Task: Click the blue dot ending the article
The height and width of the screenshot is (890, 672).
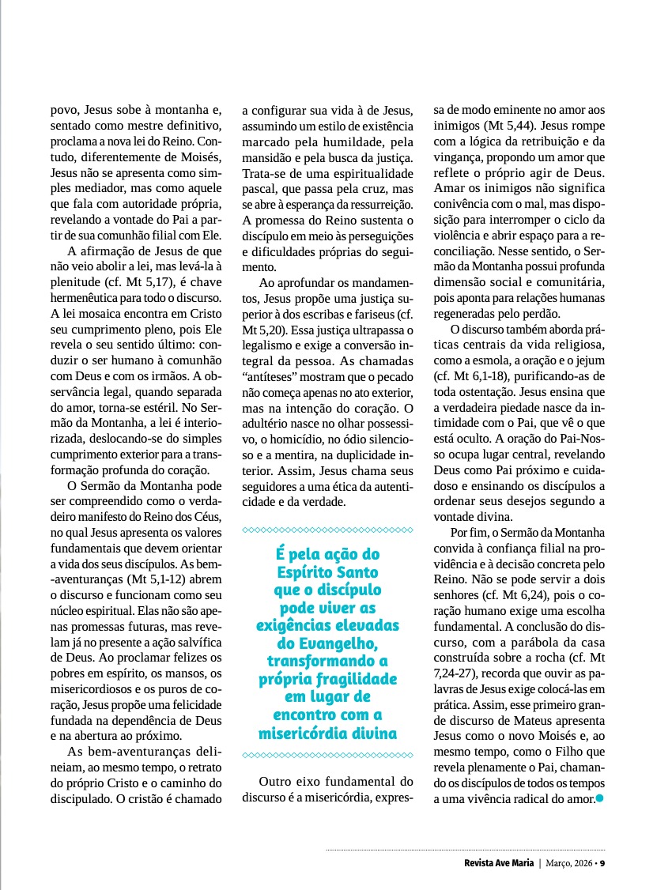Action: tap(600, 798)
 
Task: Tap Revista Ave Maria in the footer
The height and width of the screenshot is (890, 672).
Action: tap(499, 862)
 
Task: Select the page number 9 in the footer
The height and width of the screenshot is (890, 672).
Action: tap(602, 862)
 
